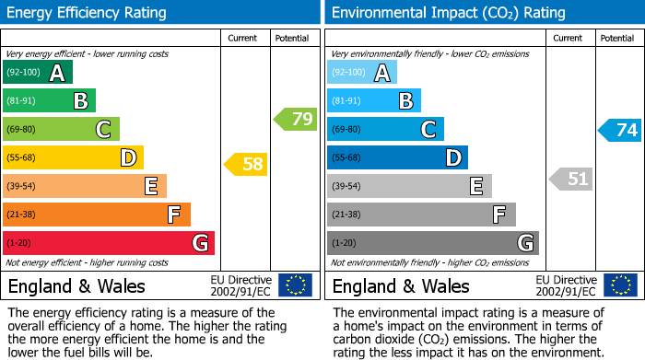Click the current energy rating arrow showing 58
click(x=246, y=165)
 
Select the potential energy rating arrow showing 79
click(x=296, y=119)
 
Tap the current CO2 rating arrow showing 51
click(x=571, y=179)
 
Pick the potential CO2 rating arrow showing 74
click(x=620, y=130)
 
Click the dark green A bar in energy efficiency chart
click(x=38, y=73)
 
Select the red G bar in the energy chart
click(x=109, y=243)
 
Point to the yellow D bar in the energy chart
click(x=74, y=158)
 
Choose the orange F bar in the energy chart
click(x=97, y=215)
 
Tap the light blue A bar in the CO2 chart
click(x=362, y=73)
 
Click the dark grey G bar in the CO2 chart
click(x=432, y=243)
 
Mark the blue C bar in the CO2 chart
click(x=385, y=130)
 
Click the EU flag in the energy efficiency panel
click(x=295, y=285)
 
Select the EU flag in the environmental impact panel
click(x=619, y=285)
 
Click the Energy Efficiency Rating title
click(x=88, y=13)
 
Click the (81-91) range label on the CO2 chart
click(x=346, y=101)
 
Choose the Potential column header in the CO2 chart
click(x=617, y=39)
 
